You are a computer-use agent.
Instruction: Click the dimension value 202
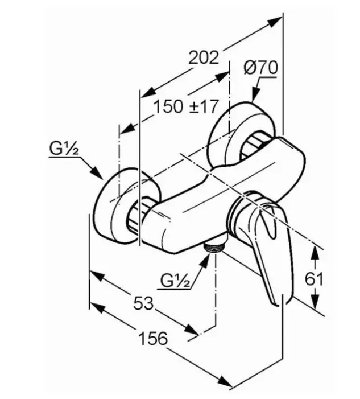click(204, 57)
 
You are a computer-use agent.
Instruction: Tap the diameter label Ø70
click(260, 68)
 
